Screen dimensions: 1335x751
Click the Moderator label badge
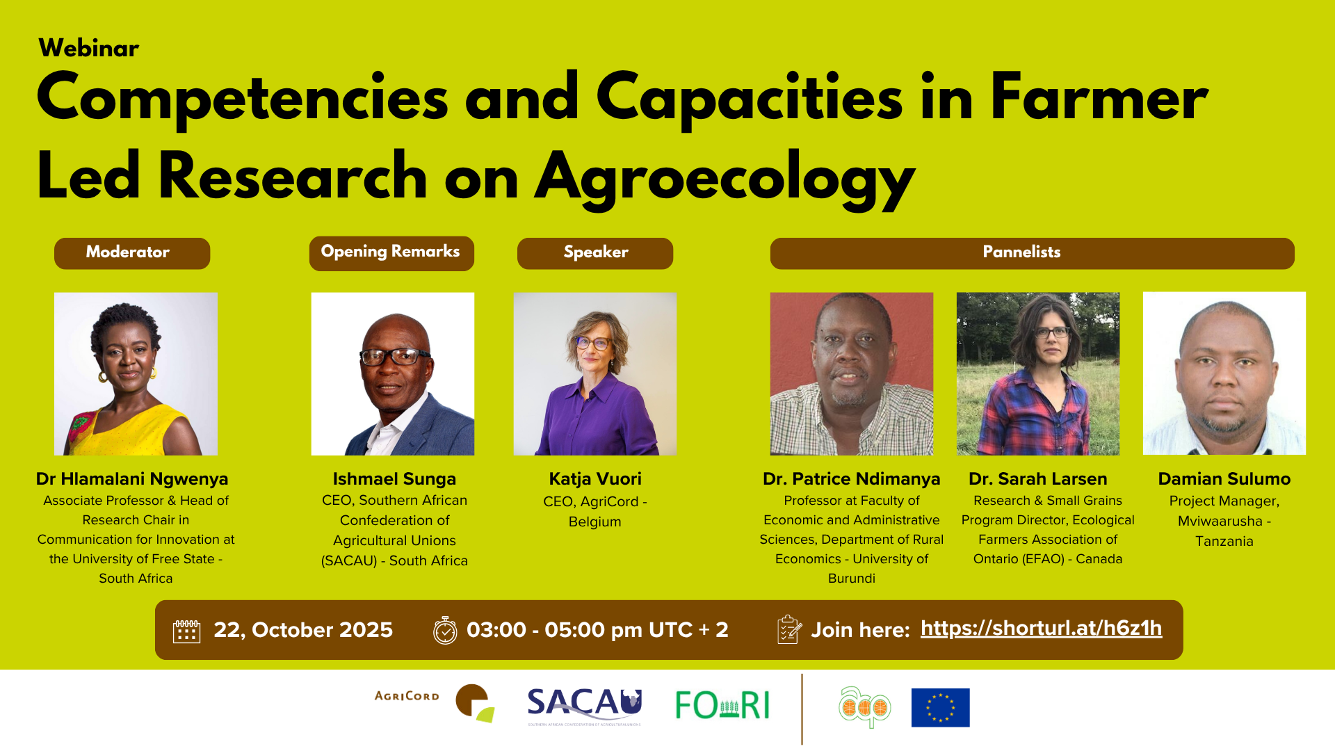click(132, 253)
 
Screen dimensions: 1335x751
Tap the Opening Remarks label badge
click(391, 253)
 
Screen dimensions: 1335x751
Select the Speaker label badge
click(595, 253)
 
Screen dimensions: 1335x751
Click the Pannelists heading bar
click(1033, 253)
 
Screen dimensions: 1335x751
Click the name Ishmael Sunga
click(394, 479)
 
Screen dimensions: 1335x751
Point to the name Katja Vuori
click(595, 479)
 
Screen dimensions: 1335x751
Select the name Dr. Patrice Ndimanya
click(851, 479)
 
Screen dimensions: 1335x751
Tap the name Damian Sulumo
click(1224, 479)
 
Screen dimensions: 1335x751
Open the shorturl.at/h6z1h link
click(1041, 629)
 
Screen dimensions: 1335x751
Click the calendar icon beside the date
click(186, 631)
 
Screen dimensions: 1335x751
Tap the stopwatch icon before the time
click(445, 630)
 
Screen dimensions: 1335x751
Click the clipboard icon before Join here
click(789, 629)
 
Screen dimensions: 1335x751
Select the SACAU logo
click(584, 706)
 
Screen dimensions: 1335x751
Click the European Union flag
click(940, 707)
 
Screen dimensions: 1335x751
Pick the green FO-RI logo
click(722, 706)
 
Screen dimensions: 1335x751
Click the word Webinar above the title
click(89, 49)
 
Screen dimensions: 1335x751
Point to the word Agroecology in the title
click(725, 179)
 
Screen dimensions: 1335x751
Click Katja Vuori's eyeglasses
click(593, 343)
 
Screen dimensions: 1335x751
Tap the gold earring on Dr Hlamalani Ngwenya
click(104, 378)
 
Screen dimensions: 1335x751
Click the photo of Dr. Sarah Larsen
click(1038, 373)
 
